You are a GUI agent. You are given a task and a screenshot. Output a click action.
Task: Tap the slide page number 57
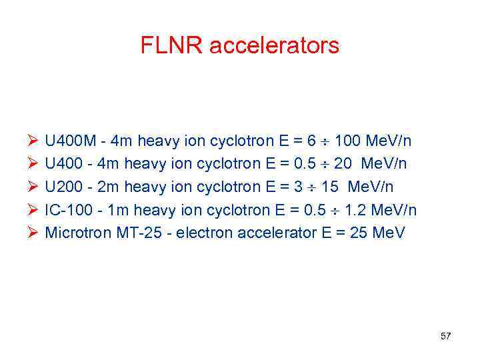(x=445, y=336)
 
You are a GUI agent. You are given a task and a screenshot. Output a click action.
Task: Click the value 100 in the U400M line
(x=349, y=141)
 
